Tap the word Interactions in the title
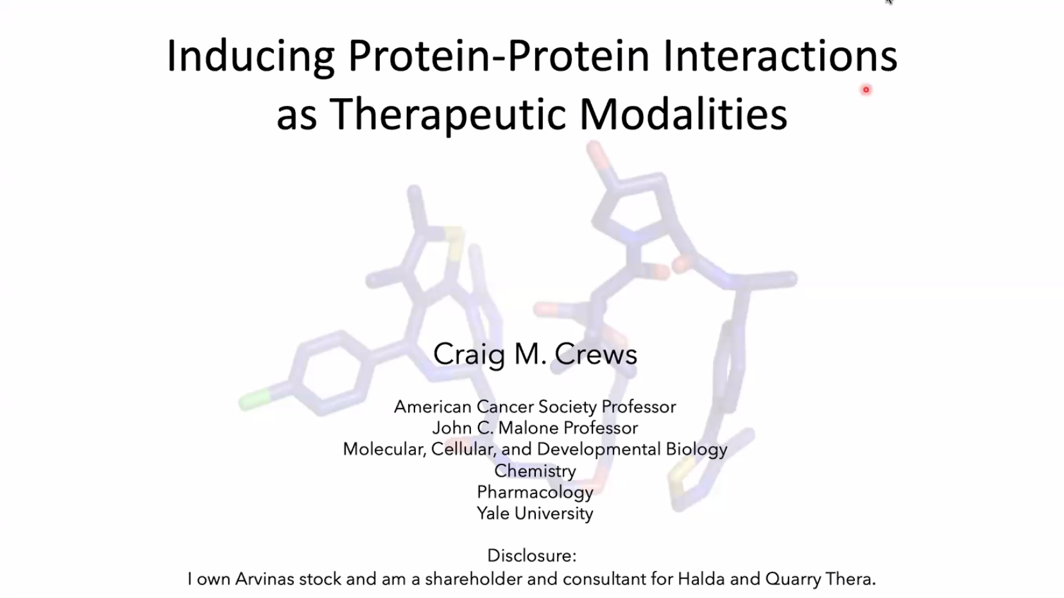tap(780, 56)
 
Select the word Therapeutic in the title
tap(448, 114)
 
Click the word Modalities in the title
tap(683, 114)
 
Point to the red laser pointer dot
tap(866, 89)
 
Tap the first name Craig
tap(469, 355)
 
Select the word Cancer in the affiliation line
tap(504, 407)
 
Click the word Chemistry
tap(535, 471)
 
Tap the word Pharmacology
tap(535, 493)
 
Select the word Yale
tap(493, 513)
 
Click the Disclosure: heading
tap(532, 556)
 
